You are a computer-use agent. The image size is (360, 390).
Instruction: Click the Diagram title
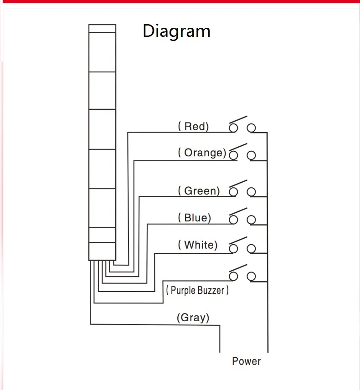coord(176,31)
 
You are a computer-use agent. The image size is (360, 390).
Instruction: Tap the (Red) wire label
coord(193,126)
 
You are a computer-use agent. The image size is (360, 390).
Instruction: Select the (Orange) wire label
coord(202,153)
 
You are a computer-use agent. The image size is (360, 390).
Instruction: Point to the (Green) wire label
coord(199,190)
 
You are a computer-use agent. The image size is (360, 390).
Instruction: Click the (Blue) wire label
coord(195,218)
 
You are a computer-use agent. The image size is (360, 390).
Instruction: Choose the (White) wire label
coord(198,245)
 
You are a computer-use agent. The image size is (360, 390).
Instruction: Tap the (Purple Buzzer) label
coord(197,290)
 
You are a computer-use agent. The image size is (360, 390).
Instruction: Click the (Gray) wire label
coord(193,317)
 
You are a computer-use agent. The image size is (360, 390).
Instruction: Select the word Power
coord(246,361)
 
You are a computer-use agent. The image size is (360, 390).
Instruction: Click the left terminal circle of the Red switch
coord(234,128)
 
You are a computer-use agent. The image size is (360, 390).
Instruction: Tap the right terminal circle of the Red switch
coord(251,128)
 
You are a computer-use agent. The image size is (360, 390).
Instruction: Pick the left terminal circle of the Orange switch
coord(234,155)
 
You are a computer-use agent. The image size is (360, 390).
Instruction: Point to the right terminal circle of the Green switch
coord(251,192)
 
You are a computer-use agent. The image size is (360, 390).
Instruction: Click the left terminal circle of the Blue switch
coord(234,220)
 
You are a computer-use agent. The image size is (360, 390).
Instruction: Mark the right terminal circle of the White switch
coord(251,248)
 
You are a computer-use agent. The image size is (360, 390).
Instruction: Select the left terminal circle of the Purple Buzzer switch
coord(234,276)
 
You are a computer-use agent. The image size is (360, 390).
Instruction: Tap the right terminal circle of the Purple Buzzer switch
coord(251,276)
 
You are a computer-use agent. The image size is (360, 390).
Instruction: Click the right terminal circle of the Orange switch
coord(251,155)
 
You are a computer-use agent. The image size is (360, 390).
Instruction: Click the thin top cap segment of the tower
coord(102,28)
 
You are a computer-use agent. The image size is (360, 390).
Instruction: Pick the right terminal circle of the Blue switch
coord(251,220)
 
